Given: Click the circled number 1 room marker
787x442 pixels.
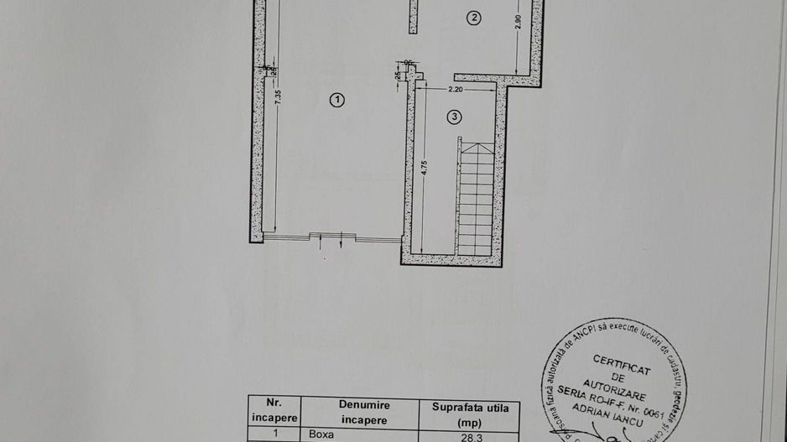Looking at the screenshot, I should click(x=337, y=100).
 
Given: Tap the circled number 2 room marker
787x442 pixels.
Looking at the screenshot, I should click(x=474, y=17).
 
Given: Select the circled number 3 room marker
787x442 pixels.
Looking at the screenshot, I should click(x=454, y=117).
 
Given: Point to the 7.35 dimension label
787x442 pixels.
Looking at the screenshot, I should click(x=279, y=96).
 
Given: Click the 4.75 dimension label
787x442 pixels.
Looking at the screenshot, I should click(x=426, y=166).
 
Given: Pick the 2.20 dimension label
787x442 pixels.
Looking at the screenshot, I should click(x=456, y=88).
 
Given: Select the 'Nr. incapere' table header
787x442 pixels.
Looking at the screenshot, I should click(x=272, y=410).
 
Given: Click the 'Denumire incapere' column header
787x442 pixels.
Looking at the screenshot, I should click(x=364, y=412).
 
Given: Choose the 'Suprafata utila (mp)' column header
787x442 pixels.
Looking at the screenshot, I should click(x=476, y=414).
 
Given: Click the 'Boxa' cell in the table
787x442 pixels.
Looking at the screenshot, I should click(x=321, y=434).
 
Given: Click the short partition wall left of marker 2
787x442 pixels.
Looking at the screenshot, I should click(x=414, y=17).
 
